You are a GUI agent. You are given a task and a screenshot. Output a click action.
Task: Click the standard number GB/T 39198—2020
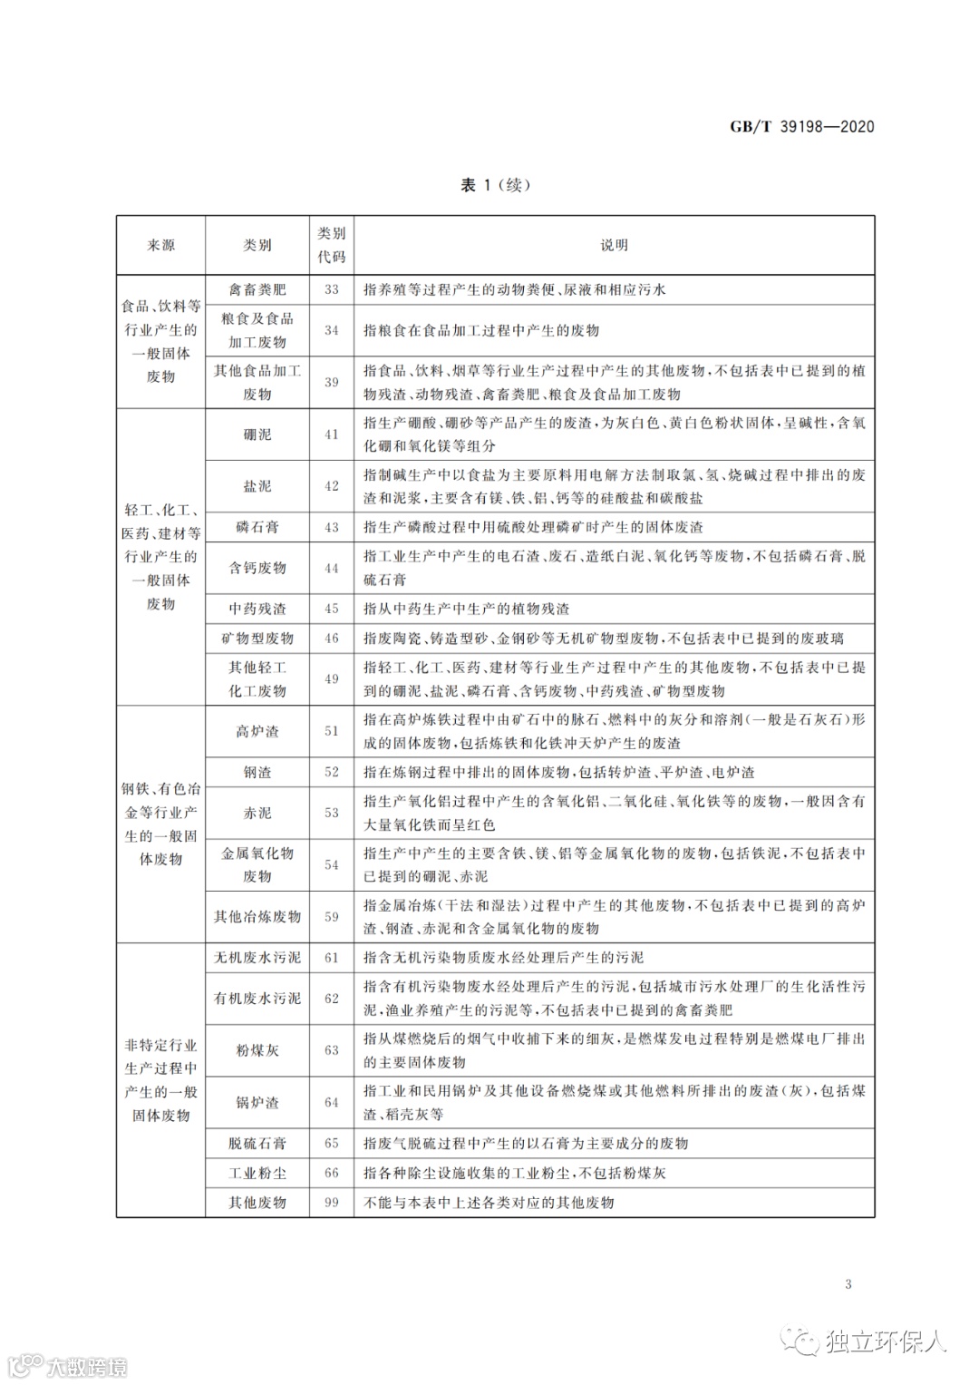pyautogui.click(x=802, y=127)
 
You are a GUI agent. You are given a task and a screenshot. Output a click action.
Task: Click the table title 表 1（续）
pyautogui.click(x=495, y=185)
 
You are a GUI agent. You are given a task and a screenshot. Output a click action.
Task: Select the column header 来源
pyautogui.click(x=161, y=245)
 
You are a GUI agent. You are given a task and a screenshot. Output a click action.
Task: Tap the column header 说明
pyautogui.click(x=614, y=245)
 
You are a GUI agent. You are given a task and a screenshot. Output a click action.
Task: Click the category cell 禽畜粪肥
pyautogui.click(x=257, y=289)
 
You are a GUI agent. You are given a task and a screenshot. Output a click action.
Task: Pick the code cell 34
pyautogui.click(x=332, y=330)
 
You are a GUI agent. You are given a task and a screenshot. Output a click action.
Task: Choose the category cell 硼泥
pyautogui.click(x=257, y=434)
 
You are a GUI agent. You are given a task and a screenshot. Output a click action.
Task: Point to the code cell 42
pyautogui.click(x=332, y=486)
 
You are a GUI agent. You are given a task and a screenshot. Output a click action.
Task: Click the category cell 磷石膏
pyautogui.click(x=257, y=527)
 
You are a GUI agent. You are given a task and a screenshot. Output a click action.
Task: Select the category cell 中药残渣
pyautogui.click(x=257, y=609)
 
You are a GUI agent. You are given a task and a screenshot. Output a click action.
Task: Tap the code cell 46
pyautogui.click(x=332, y=639)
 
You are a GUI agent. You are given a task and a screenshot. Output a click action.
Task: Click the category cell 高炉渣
pyautogui.click(x=257, y=731)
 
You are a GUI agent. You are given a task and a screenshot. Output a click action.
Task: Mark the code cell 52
pyautogui.click(x=332, y=773)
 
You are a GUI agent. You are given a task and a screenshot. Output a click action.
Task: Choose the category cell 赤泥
pyautogui.click(x=257, y=813)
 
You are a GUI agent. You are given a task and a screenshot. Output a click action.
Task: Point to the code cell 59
pyautogui.click(x=332, y=917)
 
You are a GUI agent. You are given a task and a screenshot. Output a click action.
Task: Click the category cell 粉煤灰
pyautogui.click(x=257, y=1050)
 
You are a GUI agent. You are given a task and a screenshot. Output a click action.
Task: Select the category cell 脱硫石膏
pyautogui.click(x=257, y=1144)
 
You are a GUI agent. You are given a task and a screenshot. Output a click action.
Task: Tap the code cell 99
pyautogui.click(x=332, y=1203)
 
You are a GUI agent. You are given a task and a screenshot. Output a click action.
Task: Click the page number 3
pyautogui.click(x=848, y=1283)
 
